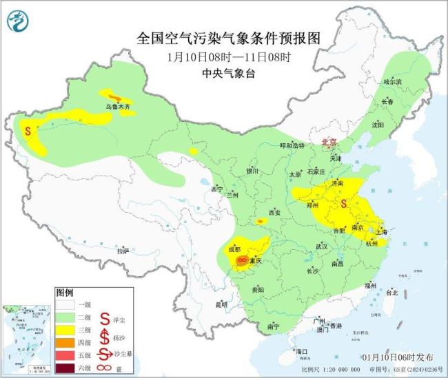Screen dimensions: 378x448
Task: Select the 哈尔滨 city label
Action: click(392, 81)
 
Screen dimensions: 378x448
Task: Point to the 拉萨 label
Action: click(123, 251)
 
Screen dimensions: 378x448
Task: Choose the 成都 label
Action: click(234, 249)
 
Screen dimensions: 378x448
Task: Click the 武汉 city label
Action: click(323, 246)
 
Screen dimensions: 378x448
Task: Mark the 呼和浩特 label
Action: click(292, 146)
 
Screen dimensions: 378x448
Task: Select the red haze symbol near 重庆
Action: click(242, 260)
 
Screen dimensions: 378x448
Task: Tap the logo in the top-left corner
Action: click(18, 21)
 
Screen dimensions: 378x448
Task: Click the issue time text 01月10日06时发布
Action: click(398, 357)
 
